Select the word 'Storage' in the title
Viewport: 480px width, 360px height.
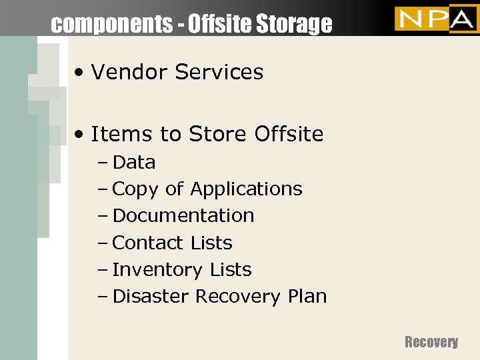pyautogui.click(x=295, y=24)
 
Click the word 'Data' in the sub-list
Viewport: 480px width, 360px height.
pyautogui.click(x=134, y=162)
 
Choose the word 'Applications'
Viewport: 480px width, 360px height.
pyautogui.click(x=246, y=189)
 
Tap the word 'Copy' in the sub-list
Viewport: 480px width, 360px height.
pyautogui.click(x=136, y=189)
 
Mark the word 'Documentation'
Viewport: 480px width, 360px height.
pyautogui.click(x=183, y=216)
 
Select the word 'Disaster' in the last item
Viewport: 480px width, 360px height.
pyautogui.click(x=151, y=296)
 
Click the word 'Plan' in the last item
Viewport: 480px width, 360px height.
pyautogui.click(x=306, y=296)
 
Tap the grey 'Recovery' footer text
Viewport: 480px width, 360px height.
pyautogui.click(x=431, y=342)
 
